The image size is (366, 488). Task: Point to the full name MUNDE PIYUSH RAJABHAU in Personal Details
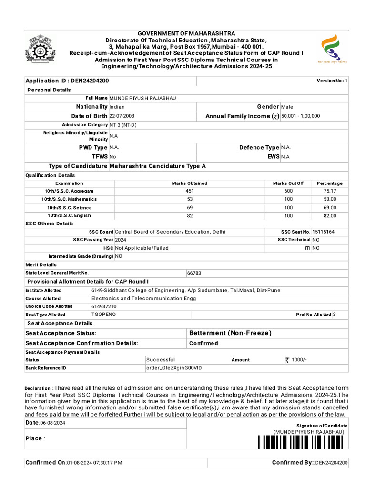[143, 98]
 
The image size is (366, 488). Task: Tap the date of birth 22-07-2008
[122, 116]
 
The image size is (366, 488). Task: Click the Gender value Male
[287, 107]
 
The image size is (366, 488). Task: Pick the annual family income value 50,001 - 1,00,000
[301, 116]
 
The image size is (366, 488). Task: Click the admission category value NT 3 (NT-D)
[122, 125]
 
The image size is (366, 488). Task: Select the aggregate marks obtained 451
[189, 191]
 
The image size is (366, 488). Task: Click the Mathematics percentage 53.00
[329, 199]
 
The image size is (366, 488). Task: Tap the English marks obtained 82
[189, 216]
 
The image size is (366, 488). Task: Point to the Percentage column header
[329, 183]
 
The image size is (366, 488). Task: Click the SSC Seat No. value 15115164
[323, 232]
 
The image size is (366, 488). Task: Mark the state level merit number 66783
[194, 273]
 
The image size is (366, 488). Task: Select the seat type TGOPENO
[103, 315]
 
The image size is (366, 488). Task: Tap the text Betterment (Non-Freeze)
[230, 333]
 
